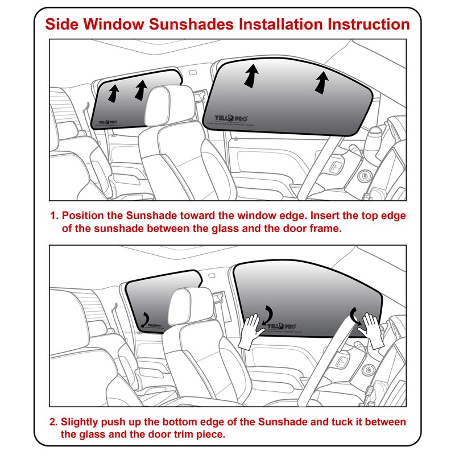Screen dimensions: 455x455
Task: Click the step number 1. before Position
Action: (54, 217)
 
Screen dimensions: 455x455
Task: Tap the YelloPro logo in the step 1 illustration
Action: (107, 121)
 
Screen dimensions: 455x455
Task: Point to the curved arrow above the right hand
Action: (357, 315)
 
